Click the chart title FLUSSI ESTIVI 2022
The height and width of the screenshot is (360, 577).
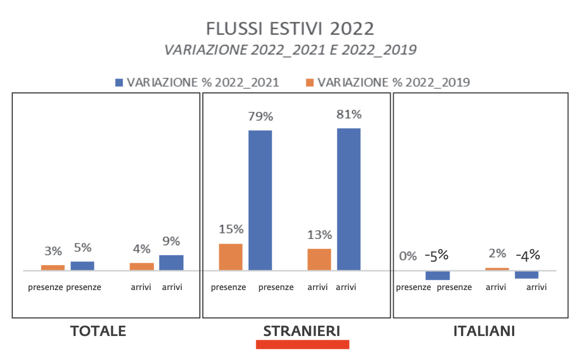[290, 29]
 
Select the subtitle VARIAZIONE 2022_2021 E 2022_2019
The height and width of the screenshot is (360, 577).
[290, 50]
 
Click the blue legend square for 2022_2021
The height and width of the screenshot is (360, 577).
[119, 82]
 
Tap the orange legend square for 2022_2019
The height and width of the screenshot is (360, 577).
[309, 82]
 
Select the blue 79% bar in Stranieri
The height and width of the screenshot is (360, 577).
[260, 200]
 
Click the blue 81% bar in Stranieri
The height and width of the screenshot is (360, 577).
[349, 199]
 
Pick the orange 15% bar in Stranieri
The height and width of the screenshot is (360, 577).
[230, 257]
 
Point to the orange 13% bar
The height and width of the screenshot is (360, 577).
[319, 259]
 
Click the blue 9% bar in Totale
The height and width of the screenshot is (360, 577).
[171, 262]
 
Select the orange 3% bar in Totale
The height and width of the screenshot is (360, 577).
[53, 268]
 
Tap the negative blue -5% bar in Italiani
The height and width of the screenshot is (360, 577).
[438, 275]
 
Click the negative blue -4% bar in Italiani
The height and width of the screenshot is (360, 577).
[526, 275]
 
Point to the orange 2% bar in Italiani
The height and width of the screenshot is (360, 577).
[497, 269]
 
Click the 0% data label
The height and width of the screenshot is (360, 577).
[407, 256]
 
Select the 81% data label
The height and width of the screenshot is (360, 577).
[349, 114]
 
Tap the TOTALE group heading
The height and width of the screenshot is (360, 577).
[98, 331]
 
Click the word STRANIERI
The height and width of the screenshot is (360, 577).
[301, 331]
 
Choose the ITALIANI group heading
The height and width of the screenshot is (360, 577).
[484, 331]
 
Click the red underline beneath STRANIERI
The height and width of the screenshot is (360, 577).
[302, 345]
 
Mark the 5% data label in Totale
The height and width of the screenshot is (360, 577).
[82, 248]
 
